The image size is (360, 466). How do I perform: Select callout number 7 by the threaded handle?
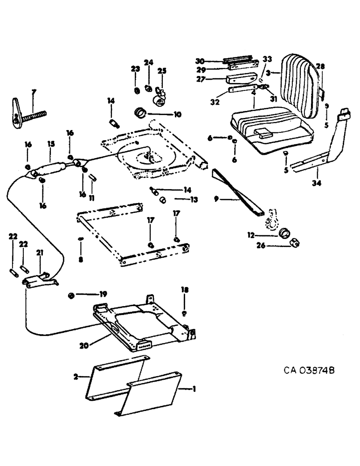click(33, 92)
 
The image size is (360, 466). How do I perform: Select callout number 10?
click(165, 114)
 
